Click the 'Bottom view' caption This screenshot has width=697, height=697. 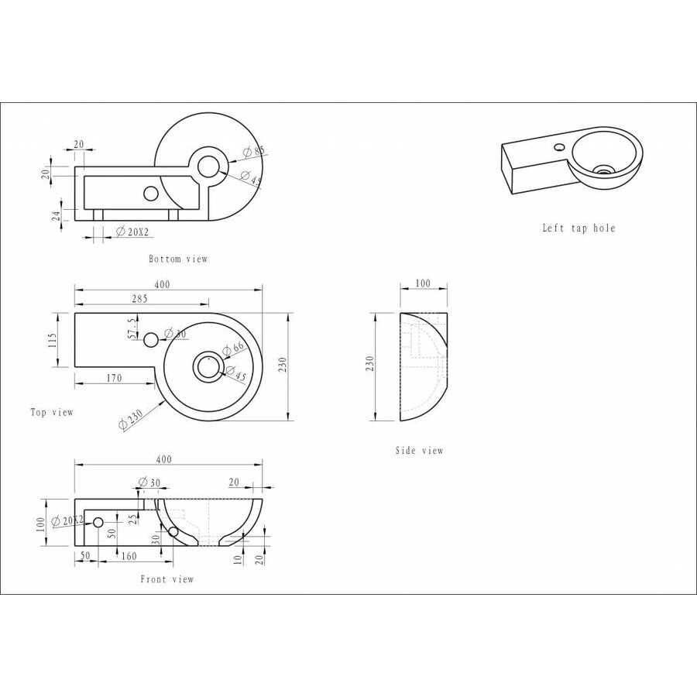pyautogui.click(x=178, y=259)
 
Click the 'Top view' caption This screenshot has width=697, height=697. pyautogui.click(x=52, y=412)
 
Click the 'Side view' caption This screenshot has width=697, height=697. pyautogui.click(x=419, y=451)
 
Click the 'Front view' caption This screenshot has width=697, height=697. pyautogui.click(x=167, y=579)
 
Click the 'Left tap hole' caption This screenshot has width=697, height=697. pyautogui.click(x=579, y=228)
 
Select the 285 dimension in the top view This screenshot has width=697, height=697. pyautogui.click(x=139, y=297)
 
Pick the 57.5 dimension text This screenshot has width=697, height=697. pyautogui.click(x=132, y=328)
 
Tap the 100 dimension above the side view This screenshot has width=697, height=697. pyautogui.click(x=423, y=284)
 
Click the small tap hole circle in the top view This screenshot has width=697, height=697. pyautogui.click(x=151, y=338)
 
